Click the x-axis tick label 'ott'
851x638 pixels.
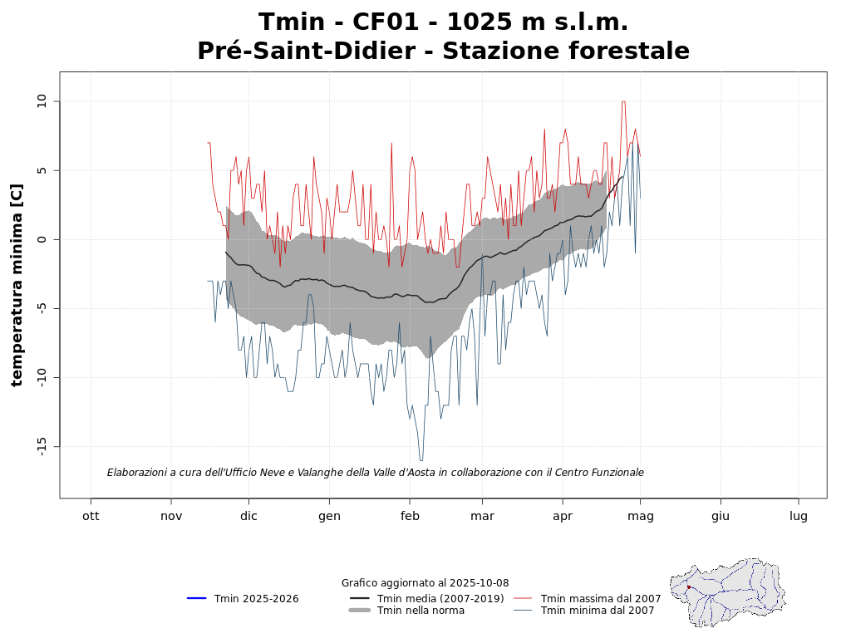pyautogui.click(x=91, y=516)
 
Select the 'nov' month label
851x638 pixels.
pyautogui.click(x=171, y=516)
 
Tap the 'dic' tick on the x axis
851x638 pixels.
pyautogui.click(x=248, y=516)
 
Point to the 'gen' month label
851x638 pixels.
pyautogui.click(x=329, y=517)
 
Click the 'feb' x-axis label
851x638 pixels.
pyautogui.click(x=410, y=516)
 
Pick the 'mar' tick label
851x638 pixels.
pyautogui.click(x=482, y=516)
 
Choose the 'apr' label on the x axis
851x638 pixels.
pyautogui.click(x=563, y=517)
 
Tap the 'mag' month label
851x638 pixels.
pyautogui.click(x=640, y=517)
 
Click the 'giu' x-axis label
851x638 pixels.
pyautogui.click(x=721, y=516)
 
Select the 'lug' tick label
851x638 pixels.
pyautogui.click(x=799, y=517)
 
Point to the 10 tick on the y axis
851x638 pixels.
pyautogui.click(x=44, y=101)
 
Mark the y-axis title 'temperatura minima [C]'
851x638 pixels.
pyautogui.click(x=17, y=285)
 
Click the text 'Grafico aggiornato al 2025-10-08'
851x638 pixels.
pyautogui.click(x=425, y=583)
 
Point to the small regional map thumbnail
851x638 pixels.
pyautogui.click(x=727, y=592)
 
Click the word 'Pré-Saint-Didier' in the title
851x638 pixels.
pyautogui.click(x=306, y=52)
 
